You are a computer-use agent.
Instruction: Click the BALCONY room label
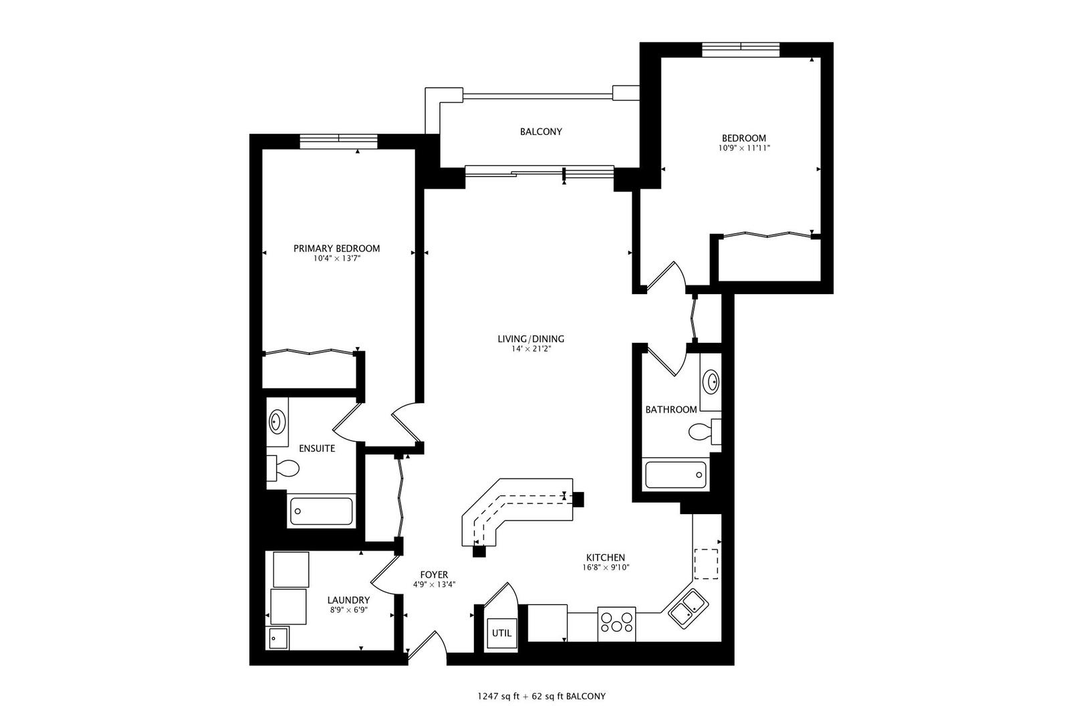(541, 132)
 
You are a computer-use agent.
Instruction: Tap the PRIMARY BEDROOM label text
(336, 249)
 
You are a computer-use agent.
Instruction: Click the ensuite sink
(276, 423)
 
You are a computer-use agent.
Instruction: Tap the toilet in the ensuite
(283, 469)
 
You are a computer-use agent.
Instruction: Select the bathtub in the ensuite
(321, 512)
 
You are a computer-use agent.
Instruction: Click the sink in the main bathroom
(711, 382)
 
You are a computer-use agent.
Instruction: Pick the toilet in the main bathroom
(704, 432)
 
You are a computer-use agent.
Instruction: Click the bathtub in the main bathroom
(675, 475)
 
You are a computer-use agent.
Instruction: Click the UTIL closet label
(501, 633)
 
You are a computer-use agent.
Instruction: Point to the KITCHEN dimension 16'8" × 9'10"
(605, 568)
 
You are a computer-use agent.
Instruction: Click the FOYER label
(434, 575)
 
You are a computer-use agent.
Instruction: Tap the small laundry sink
(277, 639)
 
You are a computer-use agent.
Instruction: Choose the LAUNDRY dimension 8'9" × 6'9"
(348, 610)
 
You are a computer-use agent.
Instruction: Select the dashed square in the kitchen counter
(706, 563)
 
